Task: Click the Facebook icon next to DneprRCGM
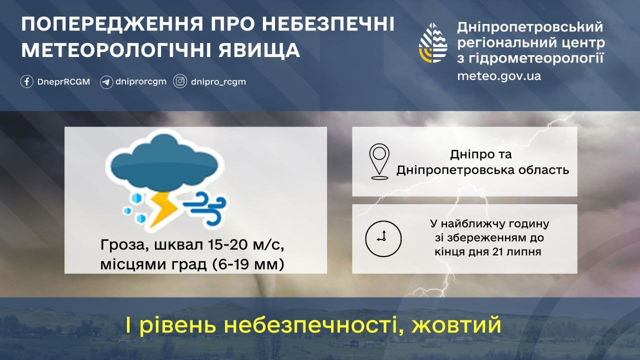coord(26,81)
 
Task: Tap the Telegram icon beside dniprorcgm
coord(106,82)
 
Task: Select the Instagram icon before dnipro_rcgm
coord(180,81)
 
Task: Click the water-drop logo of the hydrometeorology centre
coord(433,43)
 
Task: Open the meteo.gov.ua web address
coord(499,76)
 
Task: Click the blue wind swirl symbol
coord(205,208)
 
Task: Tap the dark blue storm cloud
coord(164,163)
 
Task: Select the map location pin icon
coord(379,161)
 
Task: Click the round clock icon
coord(383,238)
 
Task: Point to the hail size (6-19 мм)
coord(248,264)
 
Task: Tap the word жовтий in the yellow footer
coord(456,324)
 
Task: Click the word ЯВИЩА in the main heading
coord(259,50)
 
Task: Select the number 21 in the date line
coord(498,251)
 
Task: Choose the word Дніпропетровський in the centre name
coord(530,27)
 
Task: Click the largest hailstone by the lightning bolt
coord(136,198)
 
